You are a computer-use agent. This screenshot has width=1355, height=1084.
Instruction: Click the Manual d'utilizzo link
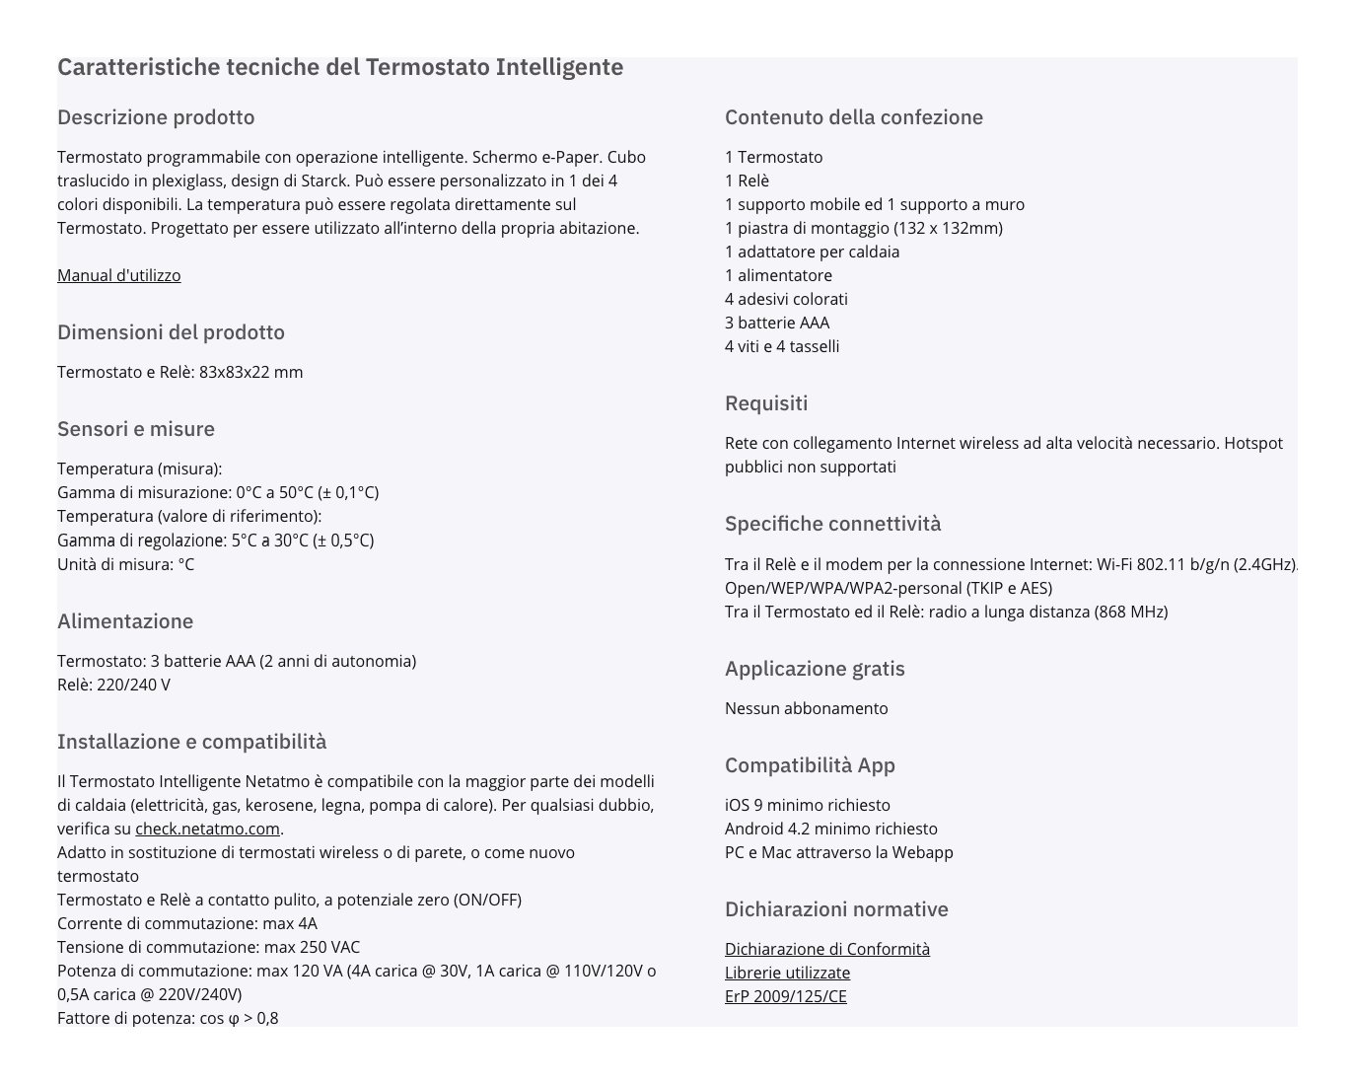click(x=118, y=275)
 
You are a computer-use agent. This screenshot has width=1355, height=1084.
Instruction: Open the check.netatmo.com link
click(x=208, y=829)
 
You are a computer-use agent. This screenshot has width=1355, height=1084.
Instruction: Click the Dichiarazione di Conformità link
click(x=826, y=949)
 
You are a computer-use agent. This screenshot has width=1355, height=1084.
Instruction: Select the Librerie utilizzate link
click(x=787, y=973)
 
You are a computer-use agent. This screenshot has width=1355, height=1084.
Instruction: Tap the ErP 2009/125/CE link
click(x=785, y=996)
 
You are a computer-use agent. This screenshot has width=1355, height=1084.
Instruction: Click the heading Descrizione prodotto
click(x=156, y=117)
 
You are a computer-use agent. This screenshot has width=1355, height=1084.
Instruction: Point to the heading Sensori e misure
click(x=136, y=429)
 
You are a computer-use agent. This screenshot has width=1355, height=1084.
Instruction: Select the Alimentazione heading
click(x=125, y=621)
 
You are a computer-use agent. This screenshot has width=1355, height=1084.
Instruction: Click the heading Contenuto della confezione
click(x=853, y=117)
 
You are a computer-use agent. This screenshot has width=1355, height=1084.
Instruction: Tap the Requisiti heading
click(x=766, y=403)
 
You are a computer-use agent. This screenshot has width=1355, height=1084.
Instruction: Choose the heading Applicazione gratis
click(x=815, y=669)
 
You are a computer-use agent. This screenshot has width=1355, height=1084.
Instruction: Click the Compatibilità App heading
click(x=810, y=765)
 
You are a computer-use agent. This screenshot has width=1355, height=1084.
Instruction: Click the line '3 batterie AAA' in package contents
click(x=777, y=323)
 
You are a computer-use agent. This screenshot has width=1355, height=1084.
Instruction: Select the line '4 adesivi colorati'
click(x=786, y=299)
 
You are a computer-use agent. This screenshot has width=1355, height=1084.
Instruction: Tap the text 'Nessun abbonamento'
click(x=806, y=708)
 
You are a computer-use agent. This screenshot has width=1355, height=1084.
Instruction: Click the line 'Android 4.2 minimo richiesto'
click(x=830, y=829)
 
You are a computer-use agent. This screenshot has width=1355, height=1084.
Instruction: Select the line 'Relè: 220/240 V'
click(x=113, y=685)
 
